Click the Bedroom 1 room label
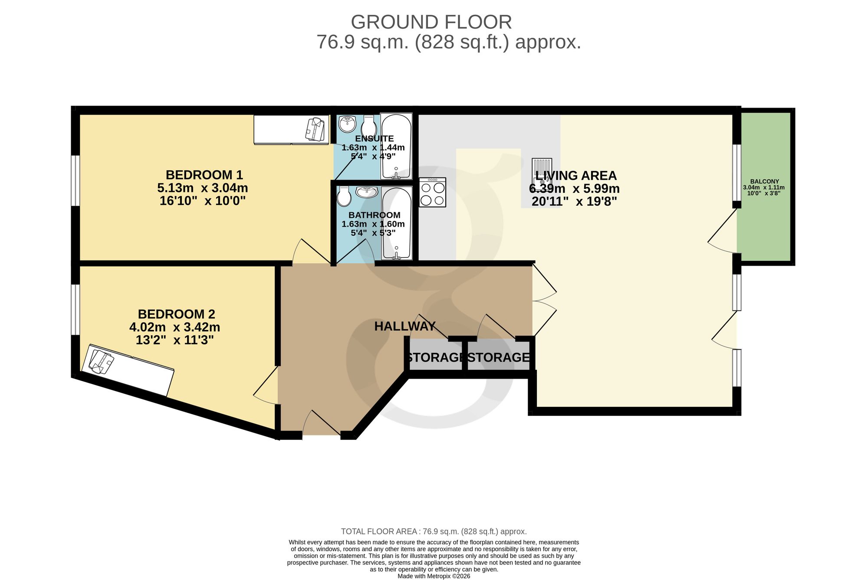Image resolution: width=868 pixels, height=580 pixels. click(x=204, y=175)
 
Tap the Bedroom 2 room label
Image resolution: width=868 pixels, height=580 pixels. click(x=176, y=314)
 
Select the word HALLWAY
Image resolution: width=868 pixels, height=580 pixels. click(x=405, y=326)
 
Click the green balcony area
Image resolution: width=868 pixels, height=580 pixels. click(x=766, y=187)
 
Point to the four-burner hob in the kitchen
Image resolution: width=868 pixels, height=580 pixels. click(x=433, y=192)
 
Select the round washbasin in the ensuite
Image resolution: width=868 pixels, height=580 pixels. click(x=347, y=124)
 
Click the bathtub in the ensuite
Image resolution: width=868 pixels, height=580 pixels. click(x=396, y=146)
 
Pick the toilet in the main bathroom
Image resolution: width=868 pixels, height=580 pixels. click(x=344, y=196)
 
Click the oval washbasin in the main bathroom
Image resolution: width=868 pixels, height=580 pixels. click(x=367, y=192)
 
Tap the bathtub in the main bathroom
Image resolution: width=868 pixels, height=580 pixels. click(x=397, y=224)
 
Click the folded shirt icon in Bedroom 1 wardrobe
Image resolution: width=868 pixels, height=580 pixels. click(x=315, y=129)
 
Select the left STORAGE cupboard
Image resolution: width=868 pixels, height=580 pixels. click(x=435, y=356)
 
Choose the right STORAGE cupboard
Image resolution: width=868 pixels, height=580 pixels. click(x=499, y=356)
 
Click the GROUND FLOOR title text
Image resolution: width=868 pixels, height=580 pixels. click(x=431, y=22)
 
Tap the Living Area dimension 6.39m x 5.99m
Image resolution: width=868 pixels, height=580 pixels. click(x=574, y=189)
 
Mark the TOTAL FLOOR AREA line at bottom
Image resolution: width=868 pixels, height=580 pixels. click(x=434, y=531)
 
